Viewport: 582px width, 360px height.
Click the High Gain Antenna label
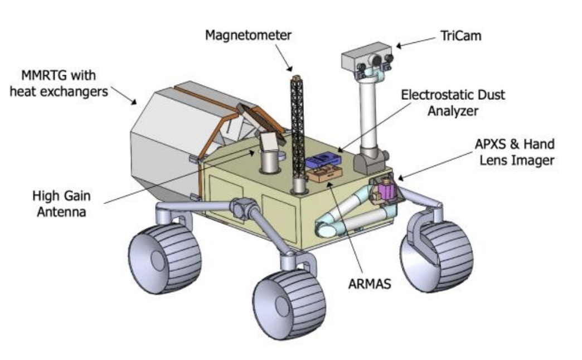point(61,203)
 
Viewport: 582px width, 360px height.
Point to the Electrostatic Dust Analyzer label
point(453,103)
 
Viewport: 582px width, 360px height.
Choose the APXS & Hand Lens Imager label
point(512,152)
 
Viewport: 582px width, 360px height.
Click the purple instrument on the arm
point(385,192)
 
